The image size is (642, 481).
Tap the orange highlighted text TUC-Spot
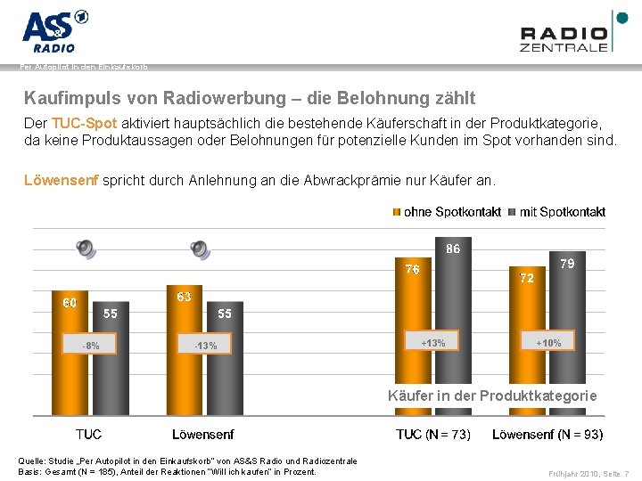pos(85,123)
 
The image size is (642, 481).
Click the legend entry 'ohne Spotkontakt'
pos(447,212)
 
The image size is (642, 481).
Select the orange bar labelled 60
pos(70,356)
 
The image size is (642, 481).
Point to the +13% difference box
pos(432,342)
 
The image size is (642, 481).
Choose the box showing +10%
pos(547,342)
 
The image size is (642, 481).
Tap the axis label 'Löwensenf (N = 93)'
pos(547,435)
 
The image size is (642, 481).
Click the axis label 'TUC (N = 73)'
pos(432,435)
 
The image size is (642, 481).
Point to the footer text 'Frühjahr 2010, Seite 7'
pos(588,473)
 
